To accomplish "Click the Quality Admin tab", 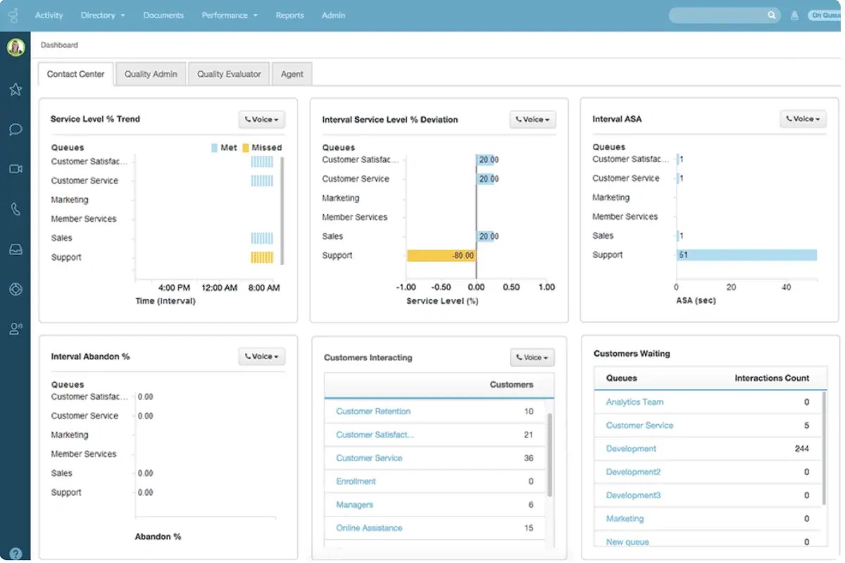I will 151,74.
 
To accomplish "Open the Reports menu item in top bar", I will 289,15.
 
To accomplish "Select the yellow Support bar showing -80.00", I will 442,255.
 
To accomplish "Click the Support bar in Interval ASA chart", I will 746,255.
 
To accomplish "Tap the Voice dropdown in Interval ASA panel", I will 803,119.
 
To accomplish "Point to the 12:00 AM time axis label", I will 220,287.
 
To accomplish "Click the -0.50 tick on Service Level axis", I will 441,287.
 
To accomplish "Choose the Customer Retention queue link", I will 373,412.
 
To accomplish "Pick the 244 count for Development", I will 801,449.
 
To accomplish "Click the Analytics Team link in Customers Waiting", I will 634,402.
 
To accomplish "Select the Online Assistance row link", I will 369,528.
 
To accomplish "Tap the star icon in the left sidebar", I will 15,89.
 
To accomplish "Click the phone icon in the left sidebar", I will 15,209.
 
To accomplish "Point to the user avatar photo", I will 15,47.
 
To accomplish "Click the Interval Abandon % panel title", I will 90,357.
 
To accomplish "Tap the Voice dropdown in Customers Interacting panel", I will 532,357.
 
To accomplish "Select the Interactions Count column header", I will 772,378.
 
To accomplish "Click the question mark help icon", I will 15,554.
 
